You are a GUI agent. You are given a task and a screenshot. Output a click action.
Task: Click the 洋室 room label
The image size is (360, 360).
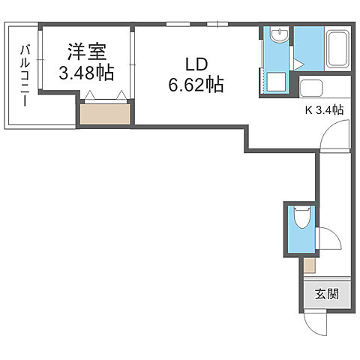pos(86,54)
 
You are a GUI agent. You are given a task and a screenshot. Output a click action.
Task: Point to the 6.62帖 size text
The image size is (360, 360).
pos(196,85)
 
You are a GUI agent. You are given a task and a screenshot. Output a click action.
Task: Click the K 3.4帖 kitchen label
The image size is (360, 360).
pos(324,109)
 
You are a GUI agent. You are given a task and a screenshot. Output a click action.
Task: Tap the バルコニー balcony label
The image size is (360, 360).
pos(23,76)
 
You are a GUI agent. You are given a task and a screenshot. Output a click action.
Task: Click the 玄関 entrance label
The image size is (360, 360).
pos(325,293)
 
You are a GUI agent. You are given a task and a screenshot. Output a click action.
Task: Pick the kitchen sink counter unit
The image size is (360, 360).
pos(322,88)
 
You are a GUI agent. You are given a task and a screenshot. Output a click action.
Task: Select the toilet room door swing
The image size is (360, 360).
pos(328,239)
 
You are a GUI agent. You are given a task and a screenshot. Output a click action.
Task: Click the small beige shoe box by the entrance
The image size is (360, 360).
pos(309,264)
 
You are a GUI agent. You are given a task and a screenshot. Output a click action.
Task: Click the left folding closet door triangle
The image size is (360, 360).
pos(91,95)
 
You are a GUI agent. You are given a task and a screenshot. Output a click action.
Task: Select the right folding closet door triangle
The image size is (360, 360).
pos(120,95)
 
